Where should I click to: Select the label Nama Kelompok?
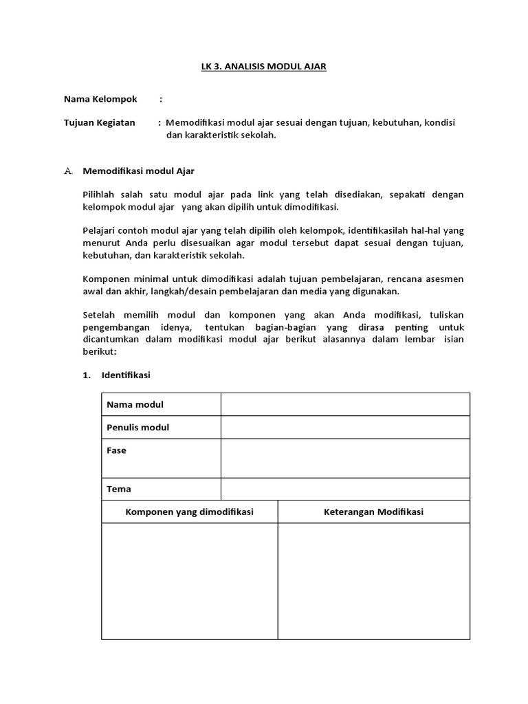[x=100, y=99]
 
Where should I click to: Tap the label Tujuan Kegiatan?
[x=99, y=122]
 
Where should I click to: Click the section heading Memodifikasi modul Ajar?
[x=142, y=170]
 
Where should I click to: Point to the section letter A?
[x=68, y=170]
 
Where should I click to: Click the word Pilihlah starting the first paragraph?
[x=100, y=195]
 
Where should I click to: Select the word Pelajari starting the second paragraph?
[x=100, y=230]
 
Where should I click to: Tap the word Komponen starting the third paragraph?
[x=105, y=279]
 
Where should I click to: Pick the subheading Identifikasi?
[x=126, y=375]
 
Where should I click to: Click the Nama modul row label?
[x=135, y=404]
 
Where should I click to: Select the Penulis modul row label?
[x=137, y=428]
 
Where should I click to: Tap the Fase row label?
[x=116, y=451]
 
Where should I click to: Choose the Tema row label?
[x=118, y=489]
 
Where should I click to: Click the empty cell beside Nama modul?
[x=345, y=404]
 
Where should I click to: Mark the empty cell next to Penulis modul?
[x=345, y=428]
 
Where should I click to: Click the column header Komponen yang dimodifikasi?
[x=189, y=512]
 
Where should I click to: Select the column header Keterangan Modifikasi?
[x=373, y=512]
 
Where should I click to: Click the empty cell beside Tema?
[x=345, y=489]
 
